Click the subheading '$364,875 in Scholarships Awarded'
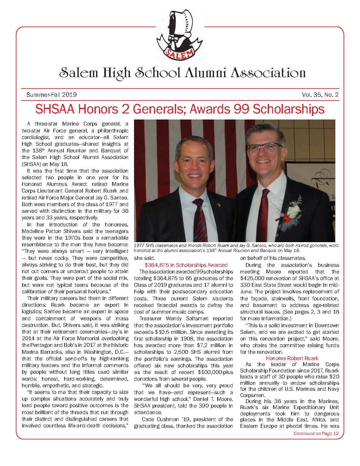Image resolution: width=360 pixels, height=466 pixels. [x=186, y=265]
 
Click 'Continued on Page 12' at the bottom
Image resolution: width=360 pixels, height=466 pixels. [x=316, y=433]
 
